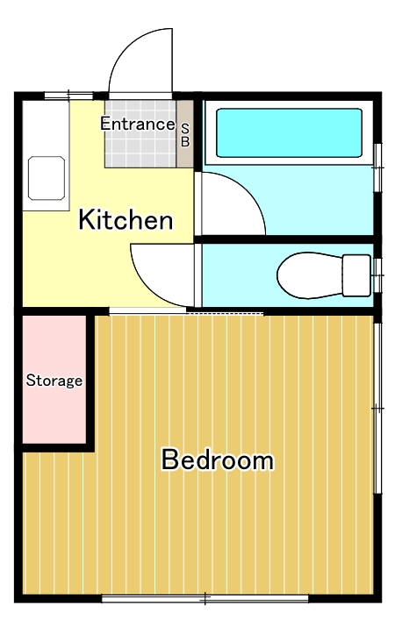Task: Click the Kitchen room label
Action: point(126,220)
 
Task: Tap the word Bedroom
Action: point(217,459)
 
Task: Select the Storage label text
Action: point(54,381)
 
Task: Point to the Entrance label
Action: point(137,124)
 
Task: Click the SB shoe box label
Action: point(185,134)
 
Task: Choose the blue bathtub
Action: point(288,133)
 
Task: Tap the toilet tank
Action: point(356,274)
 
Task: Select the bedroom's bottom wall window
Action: point(205,599)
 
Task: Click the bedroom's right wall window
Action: point(377,408)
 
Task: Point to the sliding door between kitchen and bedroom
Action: point(186,311)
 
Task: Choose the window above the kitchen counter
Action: point(68,95)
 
